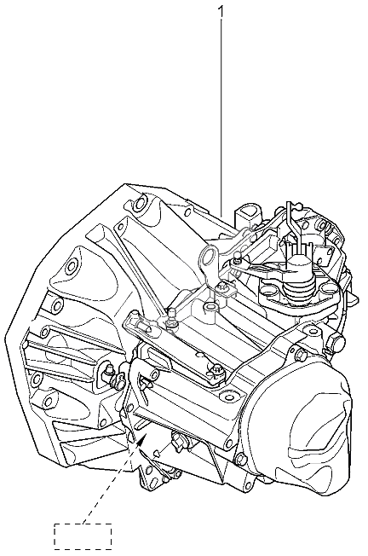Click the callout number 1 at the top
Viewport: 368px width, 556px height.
click(x=221, y=11)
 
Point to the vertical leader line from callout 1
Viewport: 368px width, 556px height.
click(x=221, y=118)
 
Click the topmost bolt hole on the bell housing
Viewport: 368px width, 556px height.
click(x=141, y=201)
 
